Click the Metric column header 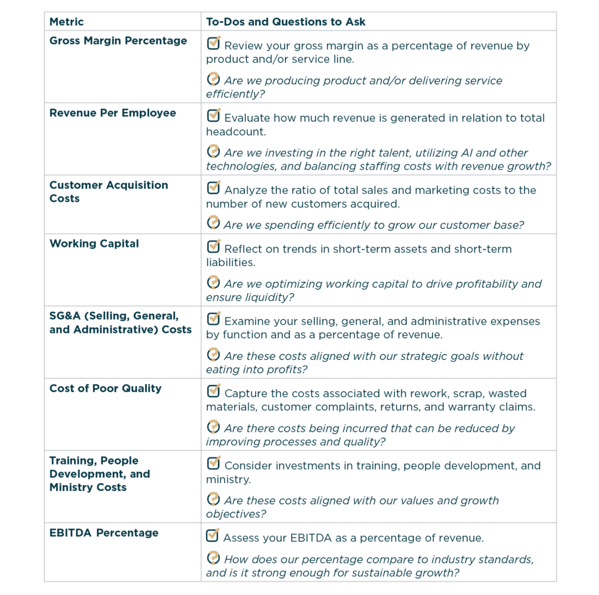click(x=66, y=22)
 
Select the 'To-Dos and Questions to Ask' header click(x=285, y=22)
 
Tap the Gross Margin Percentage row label click(x=118, y=41)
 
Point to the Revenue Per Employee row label click(x=112, y=113)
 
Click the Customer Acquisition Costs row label click(x=108, y=192)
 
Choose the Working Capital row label click(x=94, y=244)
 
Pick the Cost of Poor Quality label click(x=105, y=388)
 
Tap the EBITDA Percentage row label click(x=104, y=533)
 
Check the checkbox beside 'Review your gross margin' click(x=214, y=43)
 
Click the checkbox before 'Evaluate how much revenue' click(x=214, y=116)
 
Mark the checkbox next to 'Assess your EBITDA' click(x=214, y=535)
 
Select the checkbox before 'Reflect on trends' click(x=214, y=247)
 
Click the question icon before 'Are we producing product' click(x=214, y=79)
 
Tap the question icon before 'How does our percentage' click(x=214, y=558)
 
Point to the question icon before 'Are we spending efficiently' click(x=214, y=223)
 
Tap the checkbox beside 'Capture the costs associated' click(x=214, y=391)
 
